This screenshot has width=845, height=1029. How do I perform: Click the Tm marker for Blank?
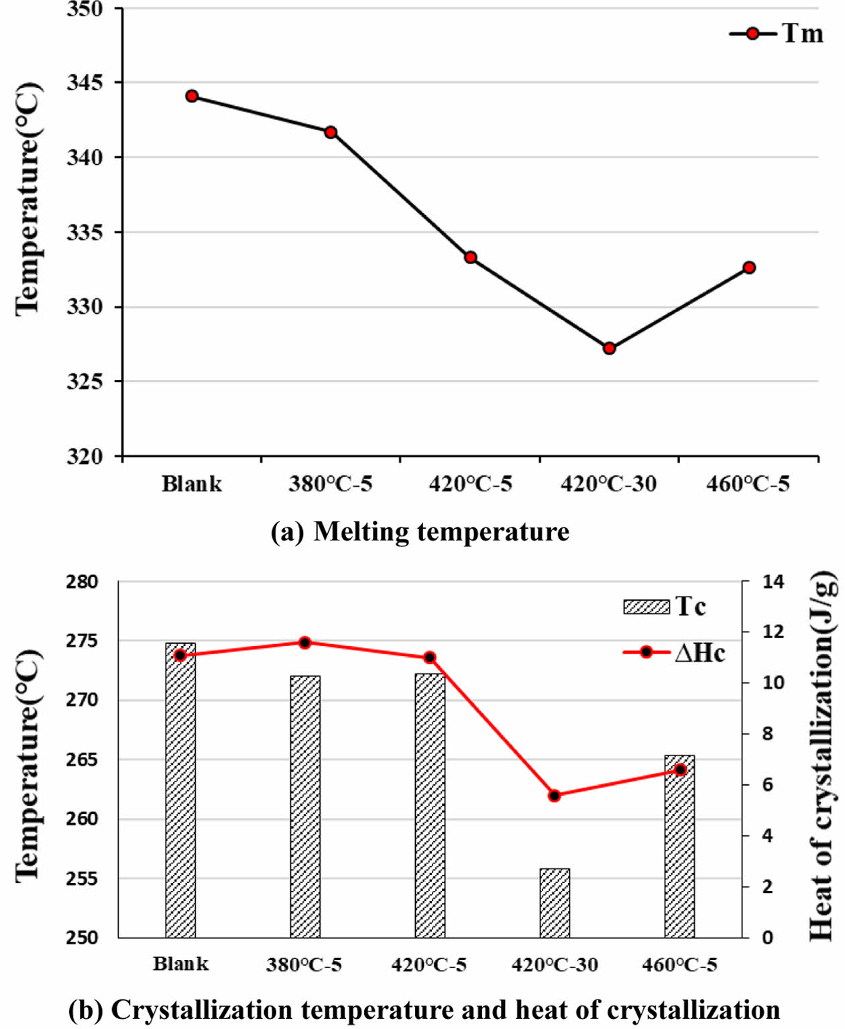192,96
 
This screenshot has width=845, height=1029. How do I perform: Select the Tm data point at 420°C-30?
609,348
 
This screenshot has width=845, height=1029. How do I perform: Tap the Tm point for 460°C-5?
749,267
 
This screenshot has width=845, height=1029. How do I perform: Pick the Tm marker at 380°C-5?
331,132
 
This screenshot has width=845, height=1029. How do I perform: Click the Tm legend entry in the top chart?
778,34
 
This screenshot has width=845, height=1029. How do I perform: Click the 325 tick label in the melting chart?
84,382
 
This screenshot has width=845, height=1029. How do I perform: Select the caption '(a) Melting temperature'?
420,532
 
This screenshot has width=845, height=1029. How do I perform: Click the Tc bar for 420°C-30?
555,903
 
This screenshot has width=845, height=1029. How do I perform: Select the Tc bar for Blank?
180,791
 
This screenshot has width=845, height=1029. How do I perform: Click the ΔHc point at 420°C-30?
555,796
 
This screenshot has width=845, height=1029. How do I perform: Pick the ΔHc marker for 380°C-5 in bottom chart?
305,642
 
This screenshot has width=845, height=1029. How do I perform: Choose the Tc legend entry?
664,607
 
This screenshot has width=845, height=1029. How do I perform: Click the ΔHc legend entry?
674,652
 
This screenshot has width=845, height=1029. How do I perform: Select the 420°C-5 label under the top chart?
470,484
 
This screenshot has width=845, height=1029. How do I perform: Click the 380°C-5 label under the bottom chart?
304,965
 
